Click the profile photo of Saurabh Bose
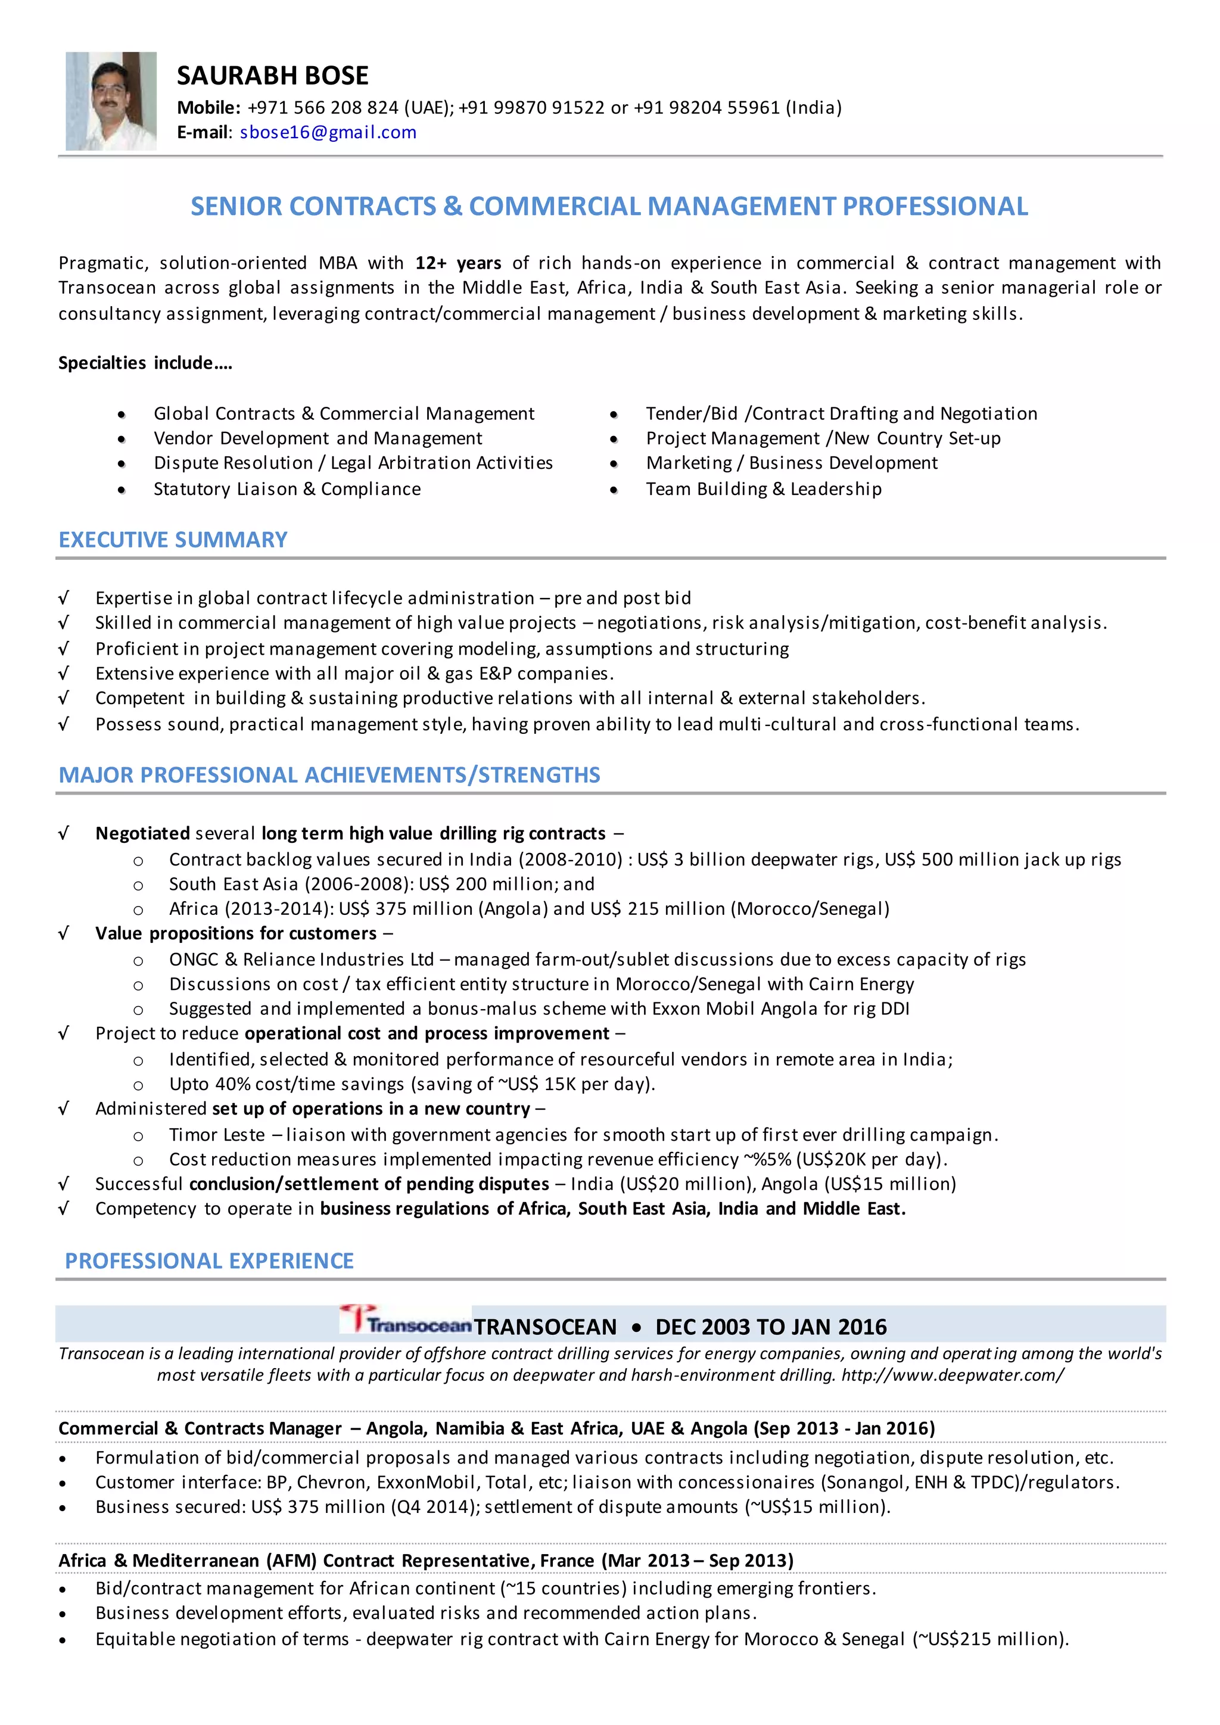point(111,101)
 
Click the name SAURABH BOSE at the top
point(272,76)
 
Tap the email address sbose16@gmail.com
point(328,132)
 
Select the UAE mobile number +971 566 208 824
point(323,107)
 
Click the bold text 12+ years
point(457,263)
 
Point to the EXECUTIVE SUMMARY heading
point(173,540)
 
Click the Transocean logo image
point(406,1320)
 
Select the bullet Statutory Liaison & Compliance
point(287,489)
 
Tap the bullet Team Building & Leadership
point(763,489)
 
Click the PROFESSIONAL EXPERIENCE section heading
point(209,1261)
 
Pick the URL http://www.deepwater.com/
point(952,1375)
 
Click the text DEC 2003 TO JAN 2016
point(771,1327)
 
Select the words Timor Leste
point(216,1135)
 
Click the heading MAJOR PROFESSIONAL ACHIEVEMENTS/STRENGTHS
point(329,774)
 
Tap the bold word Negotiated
point(142,833)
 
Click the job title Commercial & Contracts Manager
point(200,1428)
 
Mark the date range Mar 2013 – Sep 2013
point(697,1561)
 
